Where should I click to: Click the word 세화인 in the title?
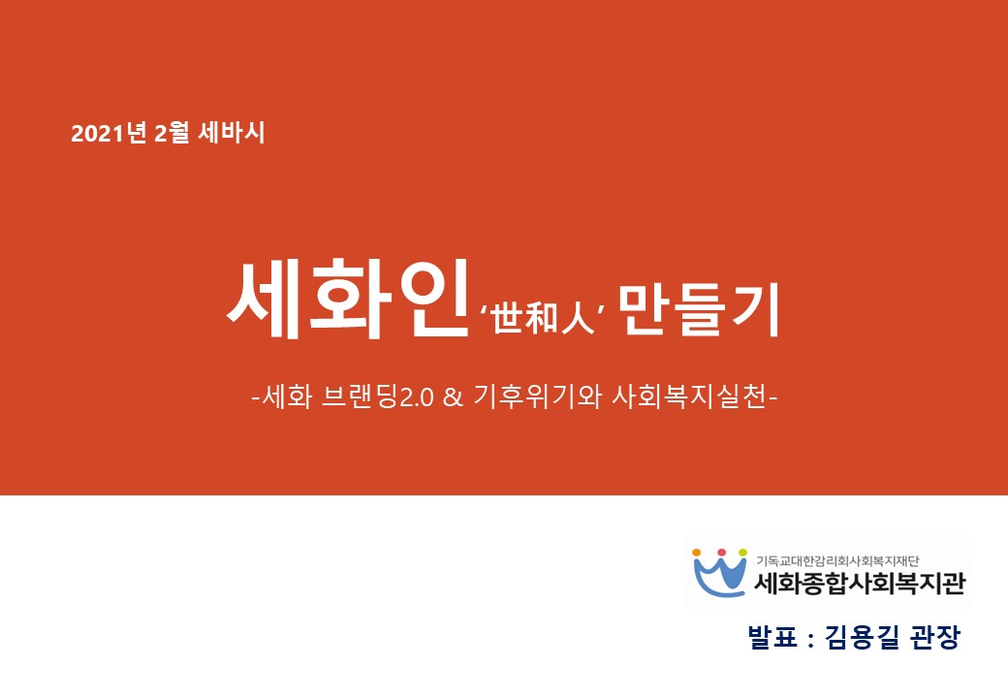(347, 299)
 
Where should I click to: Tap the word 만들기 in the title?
(699, 310)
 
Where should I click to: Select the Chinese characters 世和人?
(543, 316)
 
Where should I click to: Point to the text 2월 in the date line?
(172, 133)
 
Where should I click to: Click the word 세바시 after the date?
(232, 133)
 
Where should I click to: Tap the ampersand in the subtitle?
(453, 397)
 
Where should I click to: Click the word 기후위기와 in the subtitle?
(537, 397)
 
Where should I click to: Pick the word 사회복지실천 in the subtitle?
(689, 397)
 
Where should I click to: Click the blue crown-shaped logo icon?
(719, 576)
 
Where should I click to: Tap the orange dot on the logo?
(696, 553)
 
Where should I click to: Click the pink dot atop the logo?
(721, 553)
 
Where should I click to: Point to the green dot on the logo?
(742, 553)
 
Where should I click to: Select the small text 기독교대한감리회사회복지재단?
(837, 561)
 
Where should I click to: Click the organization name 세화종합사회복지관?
(860, 583)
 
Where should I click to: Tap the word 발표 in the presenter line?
(772, 636)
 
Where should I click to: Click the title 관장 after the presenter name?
(936, 636)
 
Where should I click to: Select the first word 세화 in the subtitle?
(287, 397)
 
